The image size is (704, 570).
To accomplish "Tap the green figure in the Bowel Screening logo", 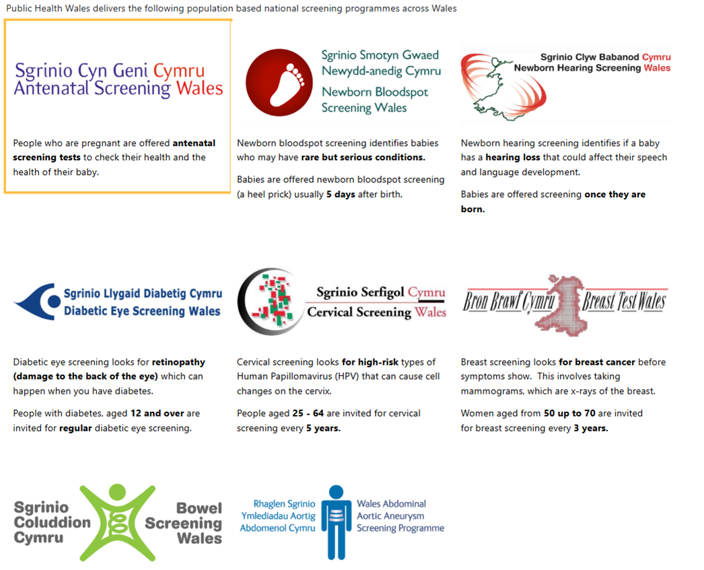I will coord(118,522).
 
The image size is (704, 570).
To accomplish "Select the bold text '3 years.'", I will coord(590,428).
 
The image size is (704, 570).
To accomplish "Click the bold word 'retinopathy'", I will coord(178,362).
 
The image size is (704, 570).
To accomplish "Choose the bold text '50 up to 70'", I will coord(569,413).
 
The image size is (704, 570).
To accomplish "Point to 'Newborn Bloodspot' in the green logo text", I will coord(374,92).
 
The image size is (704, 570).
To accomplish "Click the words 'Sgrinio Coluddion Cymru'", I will coord(51,522).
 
